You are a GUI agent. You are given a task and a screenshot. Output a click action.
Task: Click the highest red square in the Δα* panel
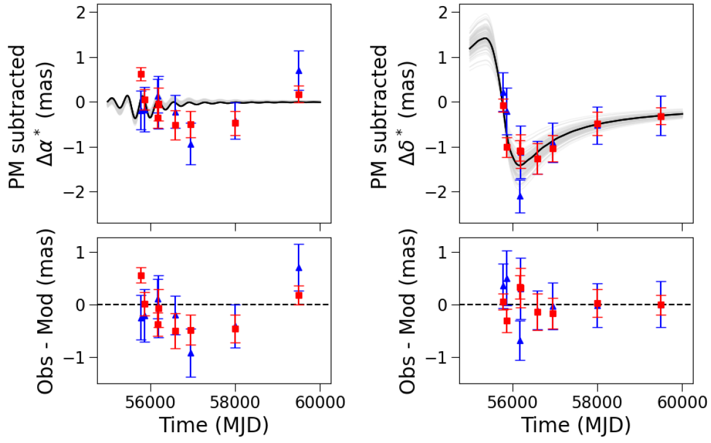pos(141,74)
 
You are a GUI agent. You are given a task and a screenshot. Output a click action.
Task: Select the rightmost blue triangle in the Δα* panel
pos(298,71)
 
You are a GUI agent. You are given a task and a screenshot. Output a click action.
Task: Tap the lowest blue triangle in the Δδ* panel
pos(520,196)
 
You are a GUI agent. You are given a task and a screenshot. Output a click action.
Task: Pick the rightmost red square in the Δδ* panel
pos(661,116)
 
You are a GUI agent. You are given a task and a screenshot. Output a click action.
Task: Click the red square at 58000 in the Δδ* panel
pos(598,124)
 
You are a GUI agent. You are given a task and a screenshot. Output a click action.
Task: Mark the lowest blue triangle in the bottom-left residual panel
pos(191,354)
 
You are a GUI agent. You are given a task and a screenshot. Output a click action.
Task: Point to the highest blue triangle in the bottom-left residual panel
pos(298,268)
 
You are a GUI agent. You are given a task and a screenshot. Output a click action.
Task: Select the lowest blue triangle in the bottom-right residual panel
pos(520,341)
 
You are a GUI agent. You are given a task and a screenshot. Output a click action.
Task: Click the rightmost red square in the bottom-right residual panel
pos(661,305)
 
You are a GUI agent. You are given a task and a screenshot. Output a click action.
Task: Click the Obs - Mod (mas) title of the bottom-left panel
pos(49,313)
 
